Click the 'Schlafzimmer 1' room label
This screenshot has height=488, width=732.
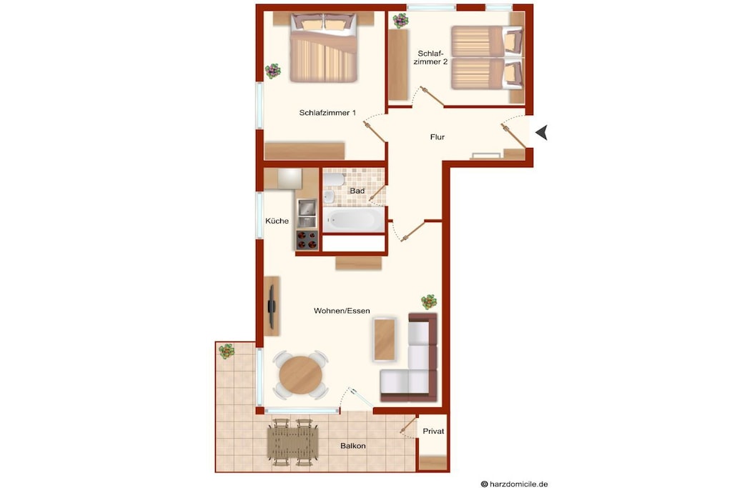click(x=327, y=113)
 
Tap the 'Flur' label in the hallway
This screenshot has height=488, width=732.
click(x=437, y=137)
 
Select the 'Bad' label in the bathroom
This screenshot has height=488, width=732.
click(x=357, y=191)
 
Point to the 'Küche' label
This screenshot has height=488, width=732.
click(x=277, y=221)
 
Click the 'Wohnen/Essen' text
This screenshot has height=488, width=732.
click(x=342, y=311)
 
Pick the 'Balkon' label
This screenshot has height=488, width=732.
click(x=353, y=446)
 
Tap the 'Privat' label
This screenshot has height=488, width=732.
click(x=433, y=432)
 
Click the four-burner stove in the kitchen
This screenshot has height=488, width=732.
click(x=307, y=240)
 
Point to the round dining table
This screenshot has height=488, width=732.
click(x=301, y=374)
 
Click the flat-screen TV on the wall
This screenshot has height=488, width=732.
click(x=271, y=306)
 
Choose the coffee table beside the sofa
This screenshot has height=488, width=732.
click(x=385, y=339)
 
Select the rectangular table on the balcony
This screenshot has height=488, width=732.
click(x=292, y=443)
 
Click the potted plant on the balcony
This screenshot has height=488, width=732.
click(x=227, y=351)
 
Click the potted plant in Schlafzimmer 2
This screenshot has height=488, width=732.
click(x=400, y=20)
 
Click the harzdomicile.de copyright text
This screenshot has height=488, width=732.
click(x=515, y=484)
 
